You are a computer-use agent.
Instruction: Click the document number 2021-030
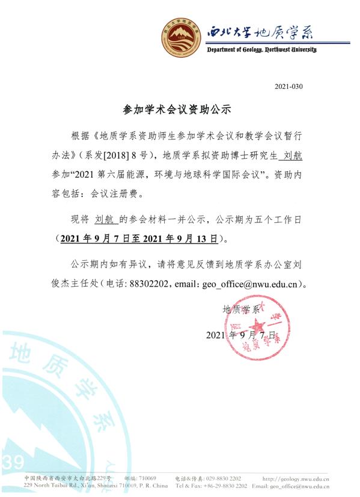288,87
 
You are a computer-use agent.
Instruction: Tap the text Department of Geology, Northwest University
261,49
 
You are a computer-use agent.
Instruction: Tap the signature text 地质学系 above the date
240,310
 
